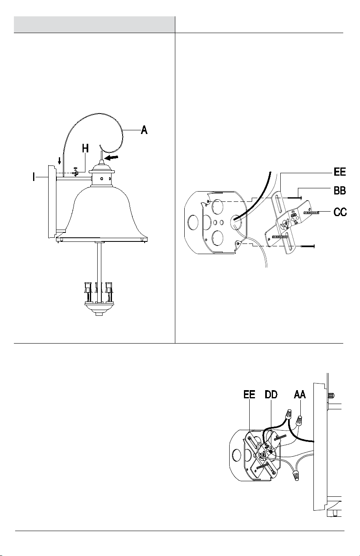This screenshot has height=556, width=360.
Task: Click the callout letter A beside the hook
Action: pos(144,130)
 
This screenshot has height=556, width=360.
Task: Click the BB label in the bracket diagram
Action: pos(340,191)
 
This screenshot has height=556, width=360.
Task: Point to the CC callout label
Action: pos(340,212)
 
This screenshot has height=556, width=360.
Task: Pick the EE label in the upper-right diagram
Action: pos(340,172)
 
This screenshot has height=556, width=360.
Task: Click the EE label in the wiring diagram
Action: pos(249,394)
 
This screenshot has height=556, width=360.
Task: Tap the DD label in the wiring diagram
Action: pos(271,394)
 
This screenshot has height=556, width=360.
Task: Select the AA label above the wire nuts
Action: pos(300,394)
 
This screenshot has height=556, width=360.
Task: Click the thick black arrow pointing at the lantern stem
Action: pos(111,157)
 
